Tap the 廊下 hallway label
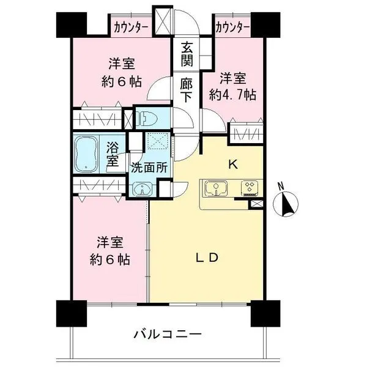(x=187, y=91)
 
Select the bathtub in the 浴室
(x=86, y=154)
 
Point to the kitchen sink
(x=216, y=188)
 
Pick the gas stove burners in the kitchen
(x=250, y=188)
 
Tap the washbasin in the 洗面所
(x=142, y=189)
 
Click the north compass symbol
(x=286, y=201)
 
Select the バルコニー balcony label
(x=168, y=334)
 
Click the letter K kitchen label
(x=233, y=165)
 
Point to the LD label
(x=207, y=258)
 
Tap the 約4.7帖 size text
(x=232, y=95)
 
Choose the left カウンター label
(x=131, y=28)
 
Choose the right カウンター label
(x=232, y=28)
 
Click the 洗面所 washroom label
(x=149, y=168)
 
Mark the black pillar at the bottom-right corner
(x=265, y=313)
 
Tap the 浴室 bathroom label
(x=112, y=155)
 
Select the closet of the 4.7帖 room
(x=246, y=133)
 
